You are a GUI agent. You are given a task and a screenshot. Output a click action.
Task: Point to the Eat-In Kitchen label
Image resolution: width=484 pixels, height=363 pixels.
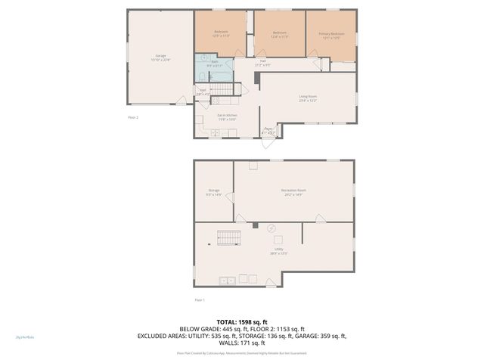pyautogui.click(x=227, y=116)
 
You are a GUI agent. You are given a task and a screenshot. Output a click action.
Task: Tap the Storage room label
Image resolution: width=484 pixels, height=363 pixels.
pyautogui.click(x=213, y=193)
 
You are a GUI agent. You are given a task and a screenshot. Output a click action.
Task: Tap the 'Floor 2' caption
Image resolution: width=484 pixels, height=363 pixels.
pyautogui.click(x=133, y=117)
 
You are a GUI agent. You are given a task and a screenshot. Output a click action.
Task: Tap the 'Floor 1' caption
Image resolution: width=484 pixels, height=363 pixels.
pyautogui.click(x=200, y=300)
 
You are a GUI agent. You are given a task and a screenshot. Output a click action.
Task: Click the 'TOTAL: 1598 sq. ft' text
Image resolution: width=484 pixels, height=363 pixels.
pyautogui.click(x=242, y=321)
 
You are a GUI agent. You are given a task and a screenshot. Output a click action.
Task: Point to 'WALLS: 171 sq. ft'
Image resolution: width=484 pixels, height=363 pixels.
pyautogui.click(x=242, y=343)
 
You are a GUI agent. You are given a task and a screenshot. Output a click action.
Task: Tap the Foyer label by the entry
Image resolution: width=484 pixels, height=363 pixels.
pyautogui.click(x=268, y=130)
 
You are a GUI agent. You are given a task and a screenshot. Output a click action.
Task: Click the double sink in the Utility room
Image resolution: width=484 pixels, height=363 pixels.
pyautogui.click(x=228, y=281)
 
